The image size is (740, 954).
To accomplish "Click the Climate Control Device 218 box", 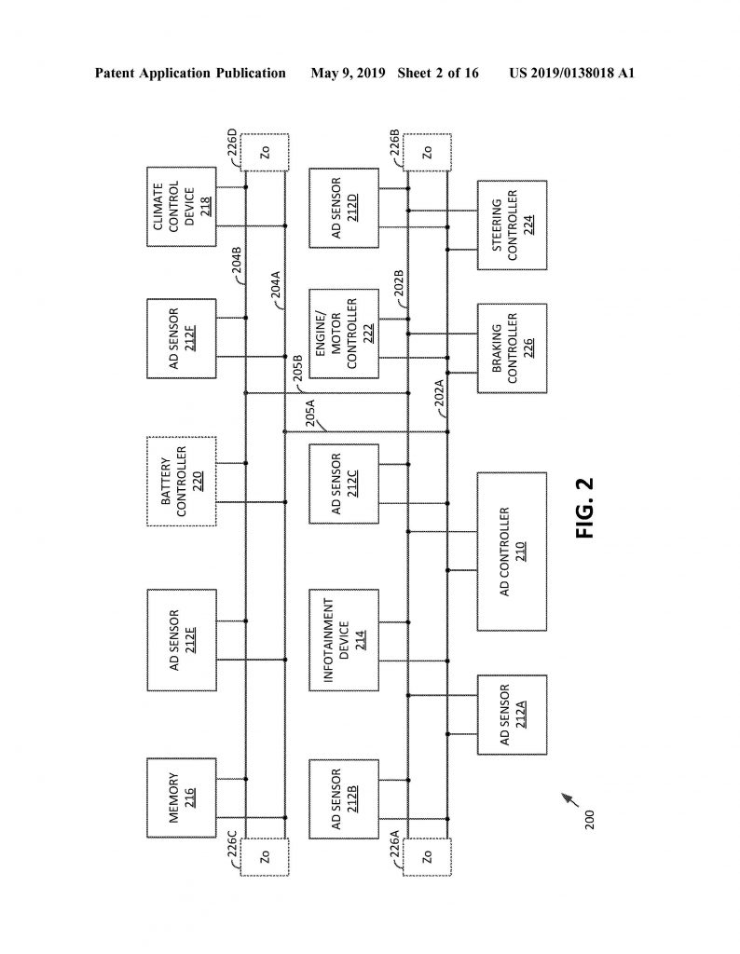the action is (x=182, y=207).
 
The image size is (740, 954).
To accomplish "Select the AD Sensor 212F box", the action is (x=182, y=338).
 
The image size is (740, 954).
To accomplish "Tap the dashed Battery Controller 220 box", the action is (x=182, y=482).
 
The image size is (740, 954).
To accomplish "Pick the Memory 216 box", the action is (x=182, y=797).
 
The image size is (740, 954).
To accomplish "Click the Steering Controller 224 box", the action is (x=512, y=225).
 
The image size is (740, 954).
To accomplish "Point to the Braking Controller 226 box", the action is (x=512, y=348).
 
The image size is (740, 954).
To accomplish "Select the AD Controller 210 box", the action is (x=512, y=552).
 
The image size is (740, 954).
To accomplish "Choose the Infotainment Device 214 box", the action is (x=344, y=640).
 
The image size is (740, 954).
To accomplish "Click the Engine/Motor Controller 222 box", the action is (x=344, y=334).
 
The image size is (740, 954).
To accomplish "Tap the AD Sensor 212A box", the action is (x=512, y=715).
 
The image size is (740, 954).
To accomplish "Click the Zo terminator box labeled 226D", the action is (x=265, y=153).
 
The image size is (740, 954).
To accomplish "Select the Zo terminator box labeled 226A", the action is (x=427, y=857).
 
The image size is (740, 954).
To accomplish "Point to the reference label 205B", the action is (x=297, y=368).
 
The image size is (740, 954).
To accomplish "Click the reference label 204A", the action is (x=276, y=285).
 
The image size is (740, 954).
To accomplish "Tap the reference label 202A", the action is (x=439, y=392).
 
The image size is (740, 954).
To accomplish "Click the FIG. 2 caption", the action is (x=584, y=508).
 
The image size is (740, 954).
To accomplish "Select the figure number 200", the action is (x=588, y=820).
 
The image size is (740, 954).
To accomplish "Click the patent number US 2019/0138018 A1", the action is (x=572, y=74).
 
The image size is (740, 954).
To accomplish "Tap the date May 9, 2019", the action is (x=348, y=74).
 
